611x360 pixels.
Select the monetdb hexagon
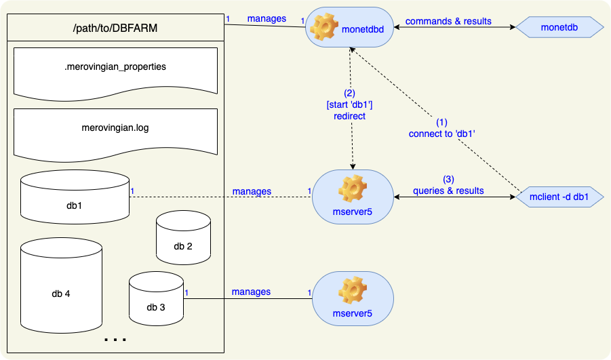(x=559, y=27)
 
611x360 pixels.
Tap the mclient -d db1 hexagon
(x=559, y=197)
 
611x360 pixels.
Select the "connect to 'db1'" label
(x=441, y=134)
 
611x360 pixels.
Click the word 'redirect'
(x=350, y=116)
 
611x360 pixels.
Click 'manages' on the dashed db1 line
(x=252, y=191)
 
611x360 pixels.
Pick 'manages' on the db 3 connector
(x=251, y=292)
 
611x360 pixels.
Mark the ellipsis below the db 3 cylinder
(x=115, y=338)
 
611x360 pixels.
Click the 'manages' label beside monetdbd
(x=267, y=19)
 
